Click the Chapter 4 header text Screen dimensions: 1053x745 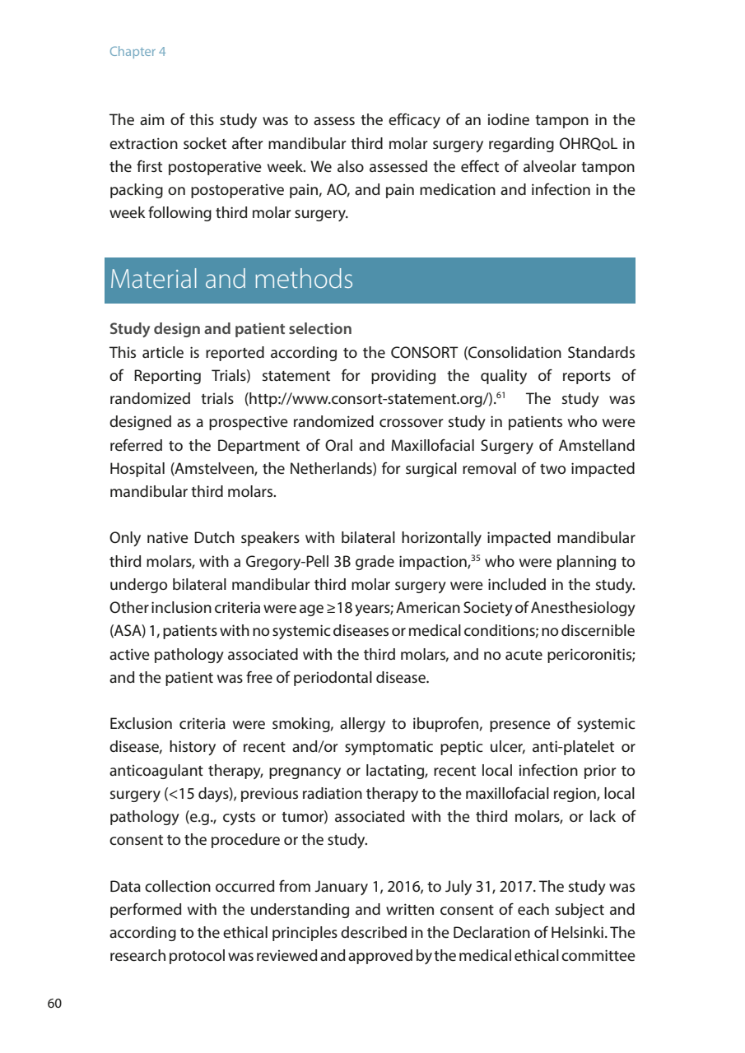[137, 52]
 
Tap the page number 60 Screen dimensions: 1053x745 [55, 1004]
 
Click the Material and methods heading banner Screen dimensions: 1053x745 [370, 281]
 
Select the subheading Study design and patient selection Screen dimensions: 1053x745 [230, 329]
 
